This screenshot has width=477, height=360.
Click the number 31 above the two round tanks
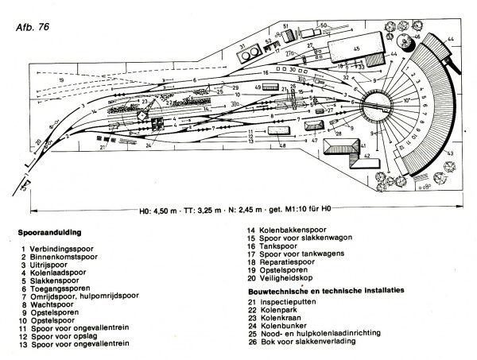[x=242, y=47]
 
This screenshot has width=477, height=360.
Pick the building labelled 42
[x=361, y=156]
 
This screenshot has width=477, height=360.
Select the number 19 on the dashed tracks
[x=60, y=80]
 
